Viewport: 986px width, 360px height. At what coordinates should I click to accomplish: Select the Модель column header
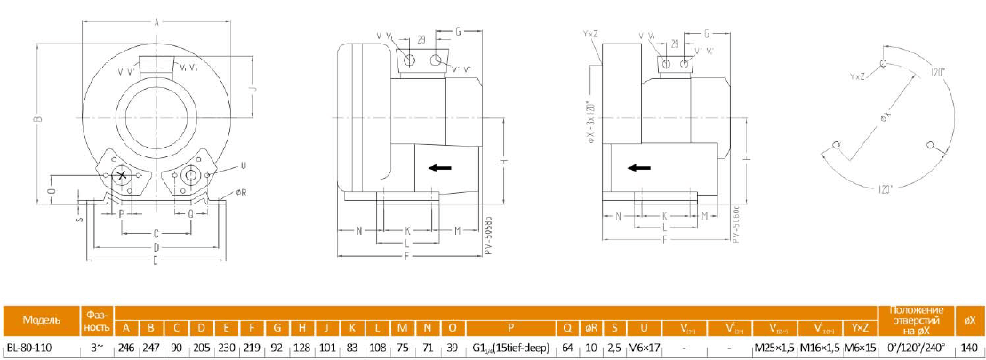[x=41, y=319]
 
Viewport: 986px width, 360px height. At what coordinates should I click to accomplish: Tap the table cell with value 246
[x=125, y=348]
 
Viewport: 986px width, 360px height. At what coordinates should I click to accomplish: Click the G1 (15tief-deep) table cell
[x=511, y=348]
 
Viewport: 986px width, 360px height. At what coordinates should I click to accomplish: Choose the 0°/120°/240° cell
[x=917, y=348]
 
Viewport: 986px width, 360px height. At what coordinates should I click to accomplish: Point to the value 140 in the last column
[x=970, y=348]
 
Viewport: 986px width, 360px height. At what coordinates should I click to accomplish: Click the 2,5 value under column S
[x=614, y=348]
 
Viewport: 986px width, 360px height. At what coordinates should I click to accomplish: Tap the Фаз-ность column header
[x=97, y=319]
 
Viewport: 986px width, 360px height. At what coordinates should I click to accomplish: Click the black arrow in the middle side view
[x=440, y=167]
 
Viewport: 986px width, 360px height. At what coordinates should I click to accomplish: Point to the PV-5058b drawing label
[x=488, y=235]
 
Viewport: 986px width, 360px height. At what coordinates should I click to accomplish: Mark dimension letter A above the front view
[x=156, y=21]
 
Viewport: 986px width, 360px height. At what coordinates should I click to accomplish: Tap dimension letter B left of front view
[x=37, y=121]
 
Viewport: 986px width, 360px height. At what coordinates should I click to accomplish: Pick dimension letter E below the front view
[x=156, y=260]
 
